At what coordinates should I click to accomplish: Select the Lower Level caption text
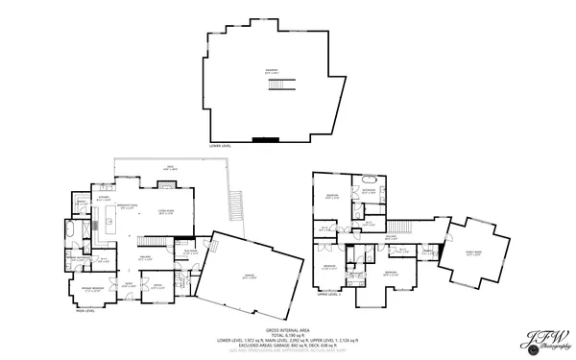(220, 147)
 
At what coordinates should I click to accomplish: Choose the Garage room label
(249, 277)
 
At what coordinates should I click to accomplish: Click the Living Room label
(164, 213)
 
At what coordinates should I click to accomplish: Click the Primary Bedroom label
(92, 287)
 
